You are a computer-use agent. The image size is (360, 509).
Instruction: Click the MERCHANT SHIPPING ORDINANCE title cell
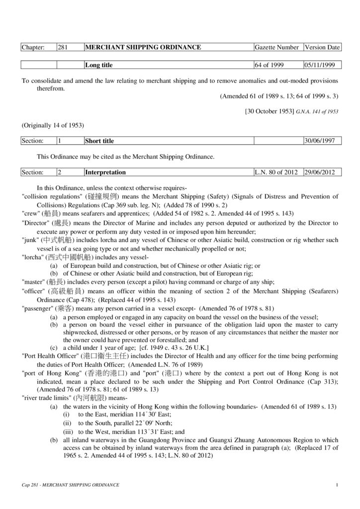(x=143, y=48)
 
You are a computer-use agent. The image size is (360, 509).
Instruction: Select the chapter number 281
(x=63, y=48)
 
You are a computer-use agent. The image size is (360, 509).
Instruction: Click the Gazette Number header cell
(x=276, y=48)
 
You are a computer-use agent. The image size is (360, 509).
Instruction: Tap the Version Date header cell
(x=322, y=48)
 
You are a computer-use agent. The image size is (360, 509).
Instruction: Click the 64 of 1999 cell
(x=269, y=65)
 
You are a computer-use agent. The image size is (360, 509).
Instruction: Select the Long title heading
(x=99, y=65)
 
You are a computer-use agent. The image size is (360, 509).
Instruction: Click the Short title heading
(x=99, y=141)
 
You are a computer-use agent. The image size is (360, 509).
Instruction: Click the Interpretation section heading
(x=105, y=172)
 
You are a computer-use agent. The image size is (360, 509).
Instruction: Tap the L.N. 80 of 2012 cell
(x=275, y=172)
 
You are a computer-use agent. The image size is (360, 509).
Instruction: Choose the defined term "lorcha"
(x=33, y=257)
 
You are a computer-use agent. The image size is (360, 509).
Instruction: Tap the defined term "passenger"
(x=38, y=309)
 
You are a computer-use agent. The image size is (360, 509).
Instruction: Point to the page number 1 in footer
(x=337, y=485)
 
